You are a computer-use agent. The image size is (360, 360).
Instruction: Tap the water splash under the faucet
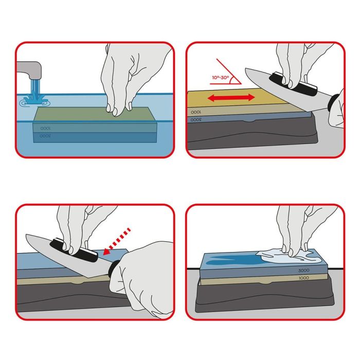pos(33,100)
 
